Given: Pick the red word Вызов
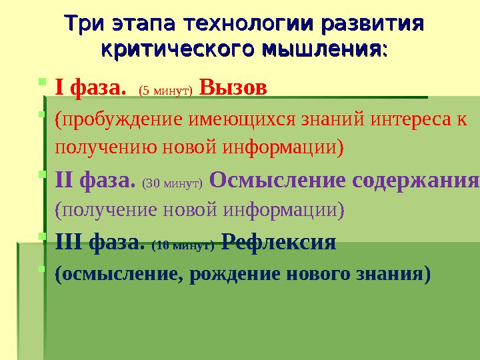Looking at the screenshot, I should point(233,87).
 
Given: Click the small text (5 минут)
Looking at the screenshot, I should point(165,89).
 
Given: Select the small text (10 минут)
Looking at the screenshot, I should point(183,245).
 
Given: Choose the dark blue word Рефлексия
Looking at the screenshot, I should point(278,242).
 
